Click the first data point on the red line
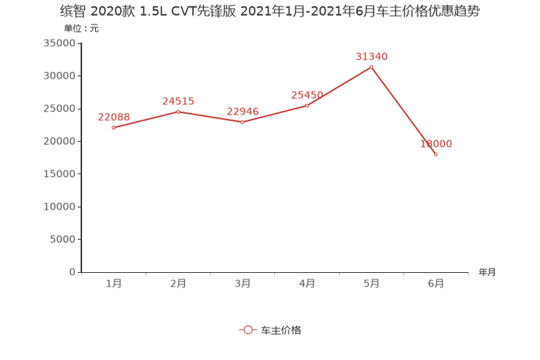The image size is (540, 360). [x=114, y=128]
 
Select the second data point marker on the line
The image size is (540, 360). [x=178, y=111]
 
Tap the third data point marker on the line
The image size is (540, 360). [x=242, y=122]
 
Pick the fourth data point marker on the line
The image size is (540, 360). [x=307, y=106]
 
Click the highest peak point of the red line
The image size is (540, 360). [x=372, y=67]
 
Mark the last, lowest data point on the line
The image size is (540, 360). [x=435, y=154]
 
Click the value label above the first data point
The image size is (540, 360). [x=113, y=116]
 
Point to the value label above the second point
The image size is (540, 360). [x=178, y=101]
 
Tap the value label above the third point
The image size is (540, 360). [x=242, y=111]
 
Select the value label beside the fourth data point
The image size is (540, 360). [x=306, y=95]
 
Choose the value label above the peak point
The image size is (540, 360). [x=372, y=56]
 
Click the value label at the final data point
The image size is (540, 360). [x=436, y=144]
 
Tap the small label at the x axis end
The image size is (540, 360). [x=487, y=273]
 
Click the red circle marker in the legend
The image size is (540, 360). [x=248, y=330]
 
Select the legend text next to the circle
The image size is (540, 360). [x=281, y=330]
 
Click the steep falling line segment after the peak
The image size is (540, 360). [x=404, y=110]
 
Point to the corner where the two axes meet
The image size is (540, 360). [x=80, y=273]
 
